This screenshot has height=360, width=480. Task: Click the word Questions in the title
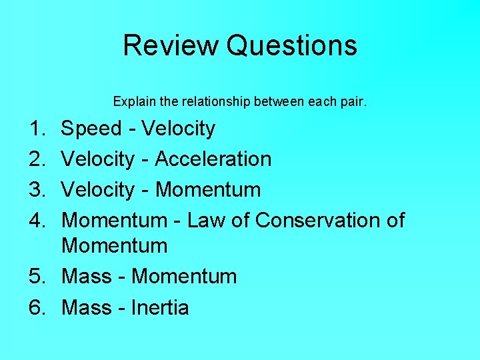click(291, 46)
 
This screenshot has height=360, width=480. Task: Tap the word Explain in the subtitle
click(131, 102)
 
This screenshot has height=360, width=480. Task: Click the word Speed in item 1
click(91, 129)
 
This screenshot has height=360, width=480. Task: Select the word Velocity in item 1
click(179, 129)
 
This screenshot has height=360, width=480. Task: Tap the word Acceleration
click(213, 159)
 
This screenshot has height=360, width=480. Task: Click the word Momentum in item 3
click(208, 190)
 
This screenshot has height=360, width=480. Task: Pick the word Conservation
click(317, 220)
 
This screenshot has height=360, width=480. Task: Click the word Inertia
click(161, 307)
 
